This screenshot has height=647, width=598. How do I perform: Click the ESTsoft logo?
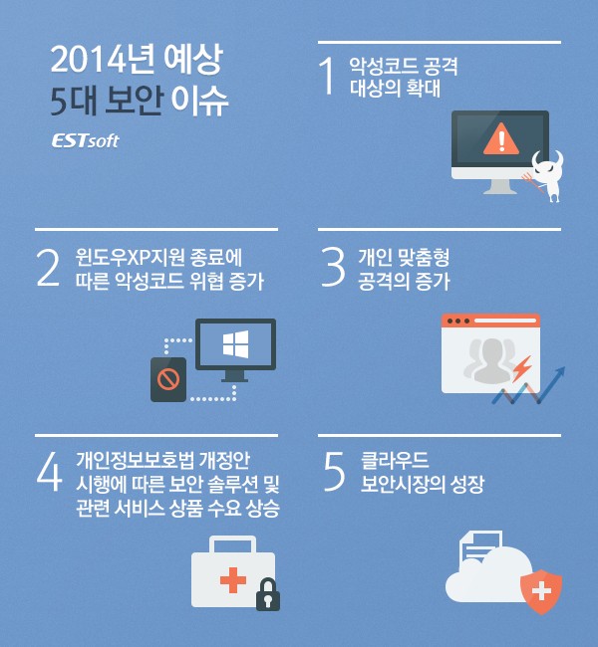(x=85, y=140)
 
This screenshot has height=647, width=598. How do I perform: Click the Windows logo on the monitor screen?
(x=235, y=344)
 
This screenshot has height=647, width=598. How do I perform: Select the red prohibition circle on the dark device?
(x=167, y=379)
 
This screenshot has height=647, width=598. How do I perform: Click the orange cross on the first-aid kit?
(x=232, y=579)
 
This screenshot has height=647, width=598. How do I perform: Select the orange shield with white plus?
(x=541, y=590)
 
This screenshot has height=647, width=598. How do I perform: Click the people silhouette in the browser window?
(x=488, y=358)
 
